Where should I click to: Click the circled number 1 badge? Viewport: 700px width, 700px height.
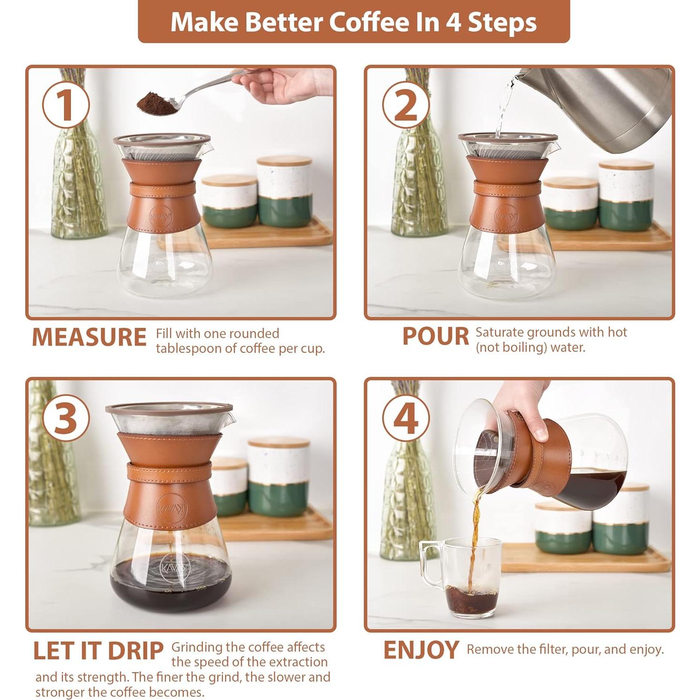65,106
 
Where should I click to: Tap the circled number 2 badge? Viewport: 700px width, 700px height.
405,106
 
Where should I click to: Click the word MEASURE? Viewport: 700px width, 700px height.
89,337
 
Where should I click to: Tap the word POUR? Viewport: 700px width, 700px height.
435,336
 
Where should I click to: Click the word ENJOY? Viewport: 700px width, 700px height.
420,650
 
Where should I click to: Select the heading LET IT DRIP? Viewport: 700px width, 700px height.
98,651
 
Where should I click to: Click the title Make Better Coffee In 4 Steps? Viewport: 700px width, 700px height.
354,22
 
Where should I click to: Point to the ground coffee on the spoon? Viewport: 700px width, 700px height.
156,101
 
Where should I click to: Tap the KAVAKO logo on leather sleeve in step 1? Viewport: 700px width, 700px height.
161,216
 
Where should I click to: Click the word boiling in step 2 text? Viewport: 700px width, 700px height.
522,347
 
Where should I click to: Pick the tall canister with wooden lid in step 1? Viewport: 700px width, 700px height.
284,191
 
